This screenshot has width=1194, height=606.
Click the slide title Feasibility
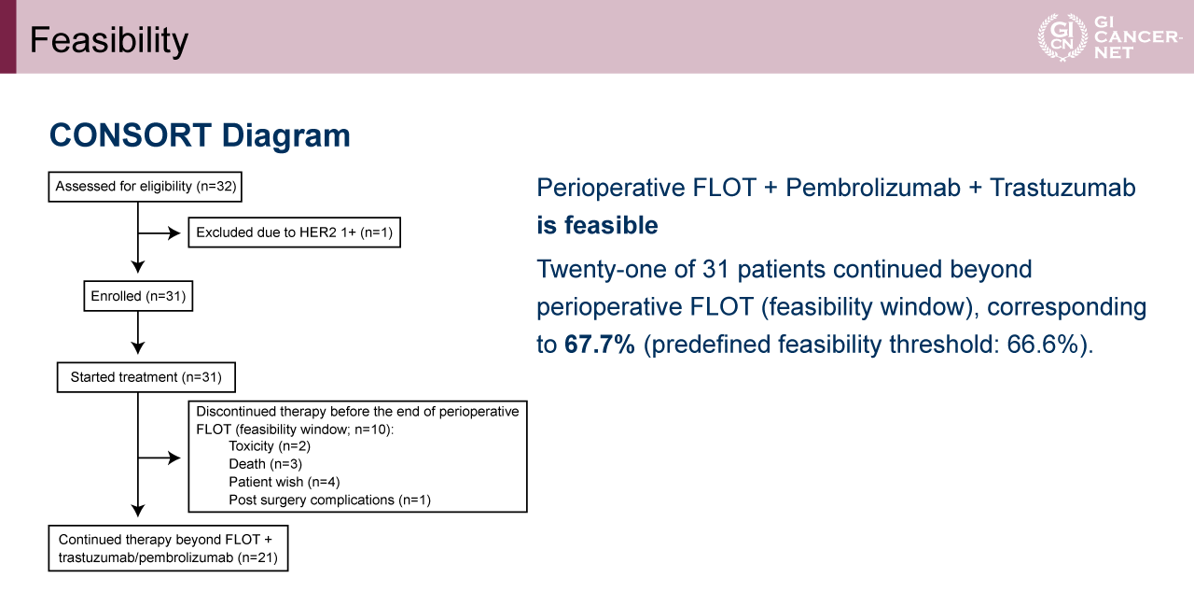click(109, 40)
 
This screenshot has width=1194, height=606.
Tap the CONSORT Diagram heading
click(200, 135)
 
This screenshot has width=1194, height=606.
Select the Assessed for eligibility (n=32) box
click(145, 187)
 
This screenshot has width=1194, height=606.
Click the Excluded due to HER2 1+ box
click(294, 233)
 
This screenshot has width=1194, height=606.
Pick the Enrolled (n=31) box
click(138, 296)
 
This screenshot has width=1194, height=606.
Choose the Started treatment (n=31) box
click(146, 377)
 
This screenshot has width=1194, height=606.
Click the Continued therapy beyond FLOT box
click(169, 548)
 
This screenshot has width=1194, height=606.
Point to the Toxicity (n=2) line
click(270, 446)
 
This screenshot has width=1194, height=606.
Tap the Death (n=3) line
click(265, 464)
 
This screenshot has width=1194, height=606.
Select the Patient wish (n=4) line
click(285, 482)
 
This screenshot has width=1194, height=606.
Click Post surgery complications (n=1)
click(329, 500)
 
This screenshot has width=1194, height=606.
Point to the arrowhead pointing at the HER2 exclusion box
click(174, 233)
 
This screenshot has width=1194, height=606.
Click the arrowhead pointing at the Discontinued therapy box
click(174, 458)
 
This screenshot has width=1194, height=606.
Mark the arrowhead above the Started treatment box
click(138, 347)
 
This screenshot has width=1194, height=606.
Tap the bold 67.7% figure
click(600, 344)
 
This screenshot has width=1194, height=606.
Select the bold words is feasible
click(597, 225)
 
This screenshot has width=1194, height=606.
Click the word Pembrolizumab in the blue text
click(872, 188)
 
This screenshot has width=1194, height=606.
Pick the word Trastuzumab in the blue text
click(1062, 188)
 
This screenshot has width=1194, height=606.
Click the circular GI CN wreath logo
click(1062, 36)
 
